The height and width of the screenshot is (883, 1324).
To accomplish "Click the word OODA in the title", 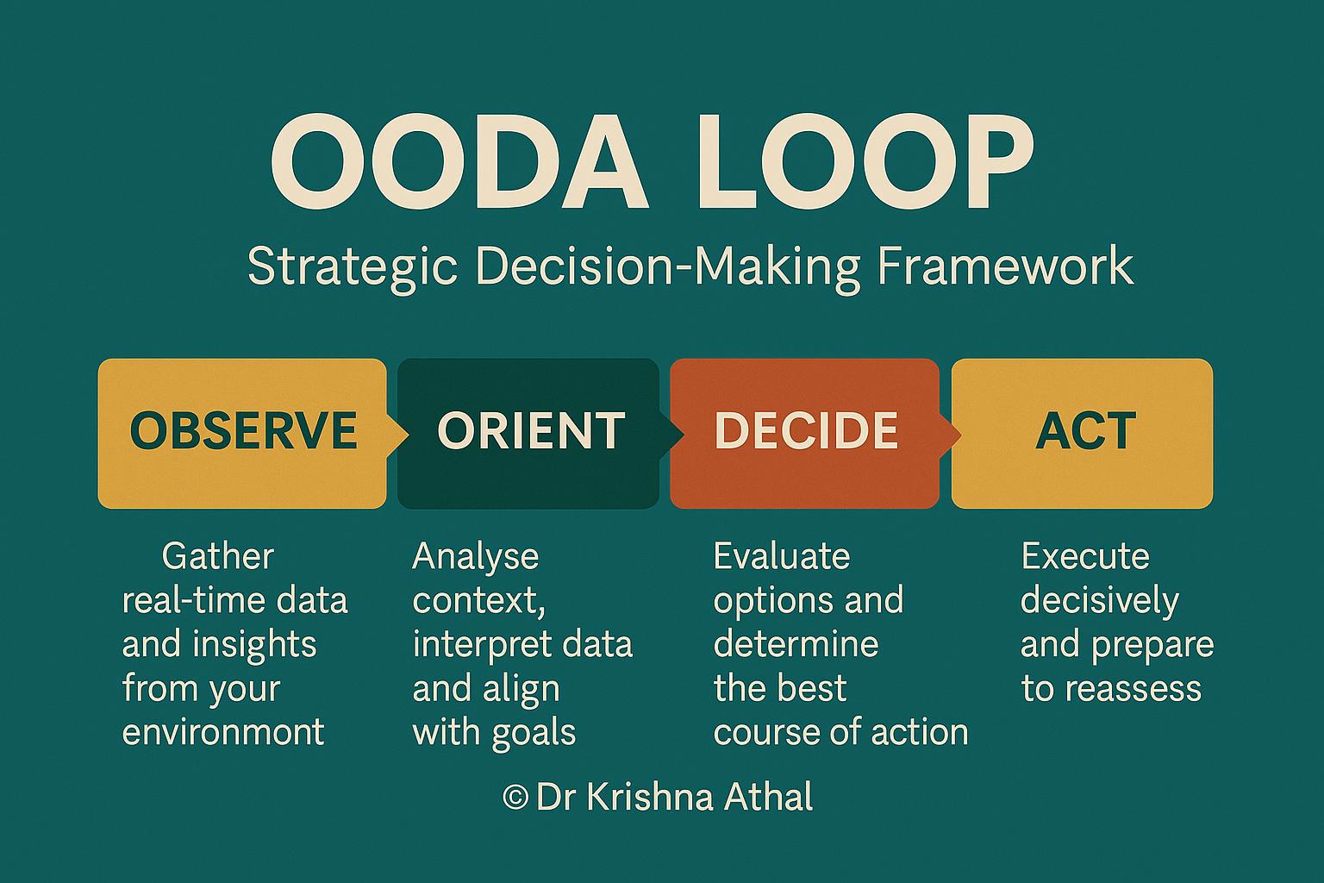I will coord(459,164).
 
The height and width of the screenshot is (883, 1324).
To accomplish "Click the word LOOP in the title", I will coord(865,164).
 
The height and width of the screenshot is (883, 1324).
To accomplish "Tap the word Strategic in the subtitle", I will coord(352,266).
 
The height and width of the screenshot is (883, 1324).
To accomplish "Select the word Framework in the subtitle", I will coord(1005,266).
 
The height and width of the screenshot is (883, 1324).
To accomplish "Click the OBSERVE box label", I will coord(243,431).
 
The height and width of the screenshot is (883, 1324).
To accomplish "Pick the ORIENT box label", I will coord(531,431).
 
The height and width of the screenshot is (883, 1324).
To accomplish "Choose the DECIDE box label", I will coord(806,431).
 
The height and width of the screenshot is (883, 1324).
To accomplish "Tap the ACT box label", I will coord(1085,431).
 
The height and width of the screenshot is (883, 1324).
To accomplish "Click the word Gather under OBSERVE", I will coord(217,557).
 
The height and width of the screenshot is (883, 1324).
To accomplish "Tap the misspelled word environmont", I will coord(223,733).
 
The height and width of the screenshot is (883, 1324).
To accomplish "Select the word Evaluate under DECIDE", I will coord(781,557).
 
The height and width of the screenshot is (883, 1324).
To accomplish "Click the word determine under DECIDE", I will coord(796,645).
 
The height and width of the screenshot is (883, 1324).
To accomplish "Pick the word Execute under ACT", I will coord(1085,557).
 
